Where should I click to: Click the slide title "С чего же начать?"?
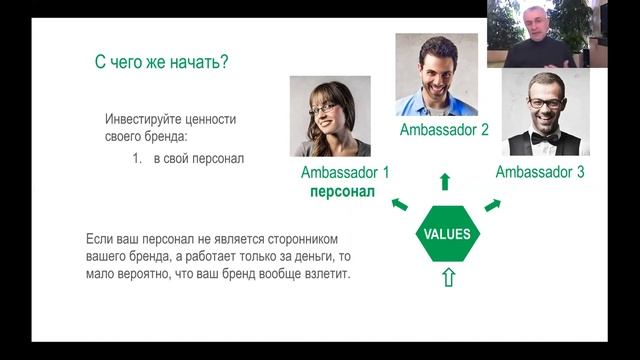pos(161,62)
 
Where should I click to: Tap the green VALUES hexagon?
pos(448,234)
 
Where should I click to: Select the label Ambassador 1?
pos(345,172)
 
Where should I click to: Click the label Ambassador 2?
pos(444,130)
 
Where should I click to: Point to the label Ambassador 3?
pos(540,172)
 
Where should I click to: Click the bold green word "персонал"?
pos(342,190)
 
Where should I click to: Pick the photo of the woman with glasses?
pos(330,116)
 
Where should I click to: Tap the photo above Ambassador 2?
pos(436,75)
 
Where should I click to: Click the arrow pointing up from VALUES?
pos(445,181)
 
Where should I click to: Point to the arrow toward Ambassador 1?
pos(399,204)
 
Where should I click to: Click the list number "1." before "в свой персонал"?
pos(139,159)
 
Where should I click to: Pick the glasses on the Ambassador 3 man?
pos(545,102)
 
